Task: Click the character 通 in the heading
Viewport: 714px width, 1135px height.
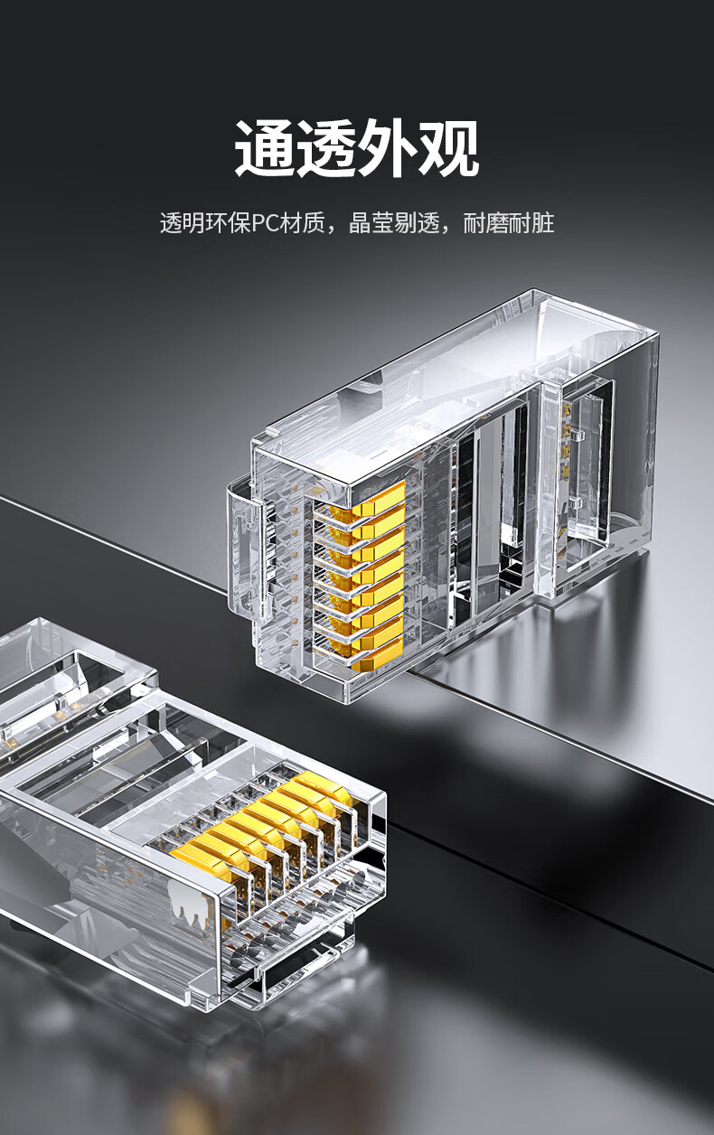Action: tap(265, 148)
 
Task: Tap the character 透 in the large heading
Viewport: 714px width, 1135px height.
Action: tap(326, 148)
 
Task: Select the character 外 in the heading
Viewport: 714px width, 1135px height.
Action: tap(387, 148)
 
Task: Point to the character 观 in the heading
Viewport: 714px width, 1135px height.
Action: tap(448, 148)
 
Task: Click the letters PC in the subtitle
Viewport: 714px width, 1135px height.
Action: tap(266, 223)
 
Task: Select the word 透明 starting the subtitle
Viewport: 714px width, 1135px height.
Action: tap(183, 223)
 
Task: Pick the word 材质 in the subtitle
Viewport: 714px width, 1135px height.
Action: tap(302, 223)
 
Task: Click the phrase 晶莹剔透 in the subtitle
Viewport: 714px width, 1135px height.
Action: tap(394, 223)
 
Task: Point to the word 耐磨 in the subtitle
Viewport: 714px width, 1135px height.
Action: tap(485, 223)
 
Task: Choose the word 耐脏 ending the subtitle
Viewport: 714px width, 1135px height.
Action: tap(531, 223)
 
